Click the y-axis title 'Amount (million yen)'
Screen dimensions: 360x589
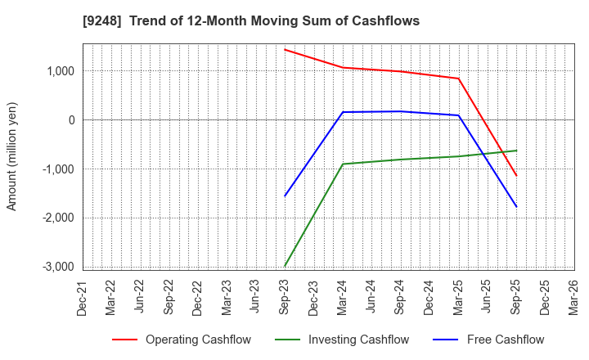pyautogui.click(x=12, y=156)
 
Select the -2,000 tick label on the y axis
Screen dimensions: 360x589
pyautogui.click(x=55, y=218)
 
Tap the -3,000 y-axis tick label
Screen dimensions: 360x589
pyautogui.click(x=55, y=267)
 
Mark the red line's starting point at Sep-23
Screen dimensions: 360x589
pyautogui.click(x=285, y=49)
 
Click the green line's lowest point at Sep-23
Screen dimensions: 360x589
pyautogui.click(x=285, y=265)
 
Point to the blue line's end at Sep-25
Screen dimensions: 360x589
pyautogui.click(x=516, y=206)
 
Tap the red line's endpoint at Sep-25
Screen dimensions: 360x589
pyautogui.click(x=516, y=175)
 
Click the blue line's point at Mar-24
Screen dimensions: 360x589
pyautogui.click(x=343, y=112)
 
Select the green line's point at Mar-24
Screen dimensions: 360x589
pyautogui.click(x=343, y=164)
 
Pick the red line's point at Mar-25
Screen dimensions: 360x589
pyautogui.click(x=458, y=79)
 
